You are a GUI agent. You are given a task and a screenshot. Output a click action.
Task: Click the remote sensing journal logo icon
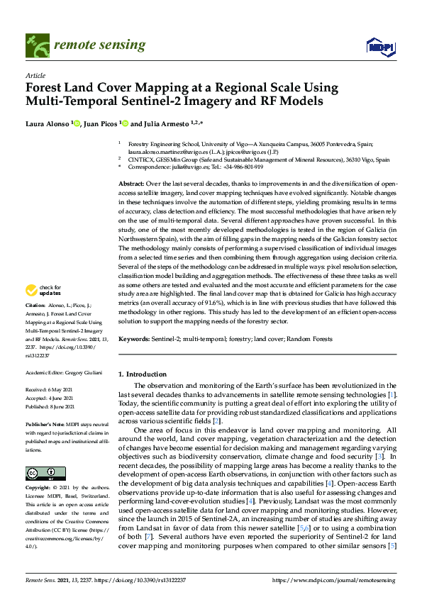(35, 46)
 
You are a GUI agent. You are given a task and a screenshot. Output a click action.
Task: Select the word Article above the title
(35, 75)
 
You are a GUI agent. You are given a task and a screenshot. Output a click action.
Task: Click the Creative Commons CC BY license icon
(40, 453)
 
